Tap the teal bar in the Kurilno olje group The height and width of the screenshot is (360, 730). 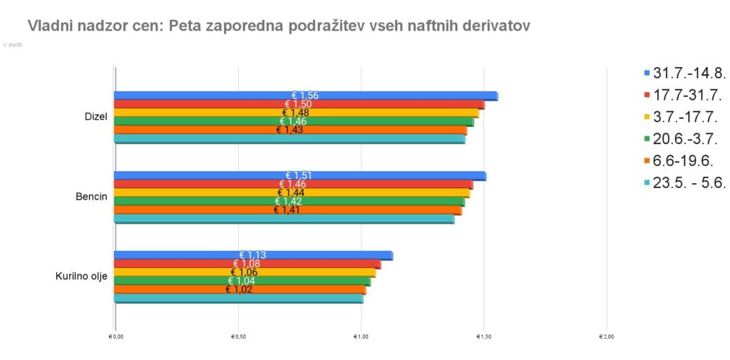pyautogui.click(x=239, y=299)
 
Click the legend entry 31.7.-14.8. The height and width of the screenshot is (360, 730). pyautogui.click(x=689, y=73)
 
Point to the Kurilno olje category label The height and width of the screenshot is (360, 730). pyautogui.click(x=81, y=277)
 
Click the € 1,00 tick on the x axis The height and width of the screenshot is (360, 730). pyautogui.click(x=361, y=336)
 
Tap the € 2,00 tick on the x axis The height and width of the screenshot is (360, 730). pyautogui.click(x=606, y=336)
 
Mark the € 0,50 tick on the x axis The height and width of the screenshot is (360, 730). pyautogui.click(x=238, y=336)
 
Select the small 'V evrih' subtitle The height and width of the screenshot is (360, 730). pyautogui.click(x=13, y=44)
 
